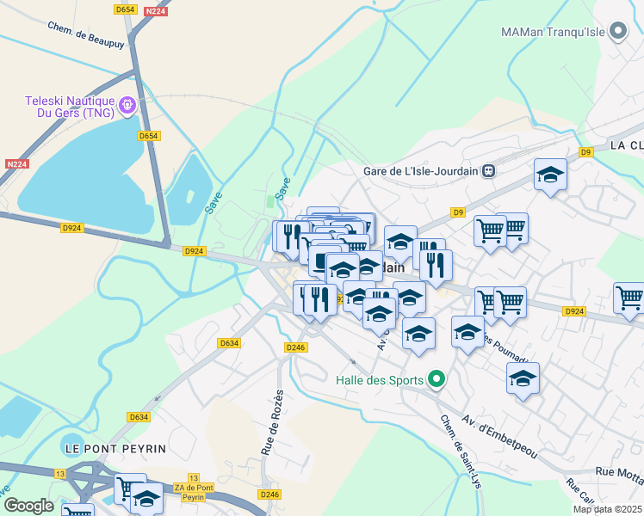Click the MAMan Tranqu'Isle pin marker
click(618, 32)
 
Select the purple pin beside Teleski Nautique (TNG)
click(128, 106)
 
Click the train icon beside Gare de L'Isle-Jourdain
click(489, 171)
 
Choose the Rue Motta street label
click(619, 472)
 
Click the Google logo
click(28, 506)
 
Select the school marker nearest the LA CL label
click(550, 176)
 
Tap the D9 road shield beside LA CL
click(586, 152)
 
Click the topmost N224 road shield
click(155, 10)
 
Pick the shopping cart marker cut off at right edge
click(630, 298)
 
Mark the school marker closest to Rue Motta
click(523, 378)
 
